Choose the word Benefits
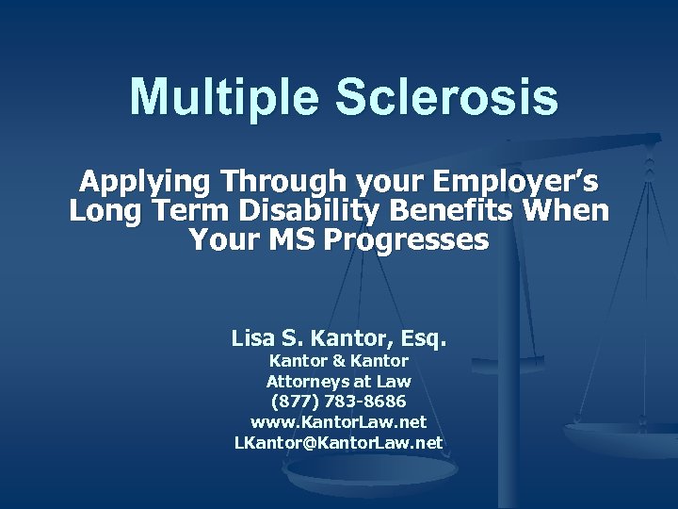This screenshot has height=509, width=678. click(470, 210)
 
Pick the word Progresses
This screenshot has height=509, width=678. click(408, 240)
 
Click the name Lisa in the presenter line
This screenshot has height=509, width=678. click(255, 337)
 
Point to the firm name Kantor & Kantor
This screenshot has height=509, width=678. click(339, 360)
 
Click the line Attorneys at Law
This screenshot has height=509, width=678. click(339, 381)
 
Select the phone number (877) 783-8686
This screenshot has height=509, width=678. click(339, 402)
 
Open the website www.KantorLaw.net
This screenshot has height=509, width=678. click(339, 422)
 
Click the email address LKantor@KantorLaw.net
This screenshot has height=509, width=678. click(339, 442)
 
